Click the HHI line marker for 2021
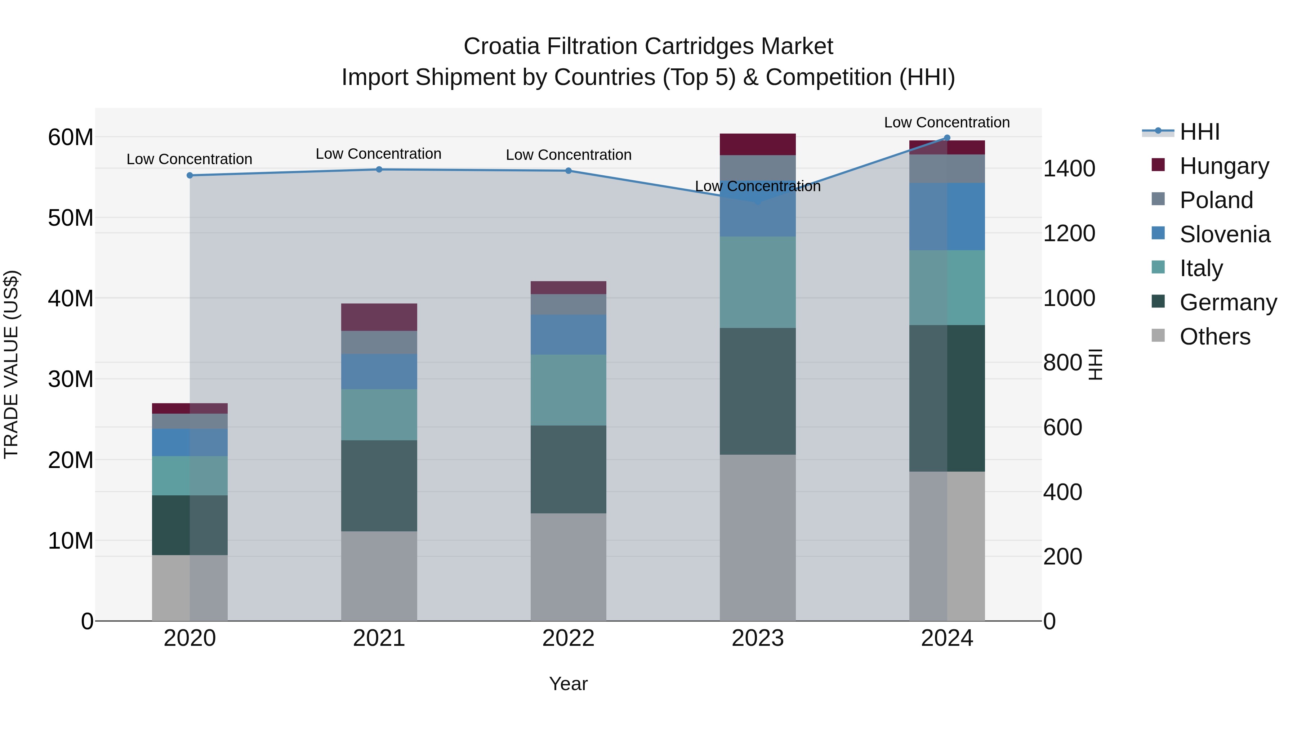click(379, 170)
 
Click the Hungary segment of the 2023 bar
click(758, 144)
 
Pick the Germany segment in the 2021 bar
click(379, 486)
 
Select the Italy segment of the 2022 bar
click(569, 390)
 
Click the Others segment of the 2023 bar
click(758, 537)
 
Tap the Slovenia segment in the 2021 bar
click(379, 371)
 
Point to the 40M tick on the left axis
click(71, 298)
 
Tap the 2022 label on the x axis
click(569, 638)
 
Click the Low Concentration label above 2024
click(946, 122)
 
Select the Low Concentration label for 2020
click(189, 159)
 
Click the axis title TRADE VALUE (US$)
click(11, 364)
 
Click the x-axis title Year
click(569, 684)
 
